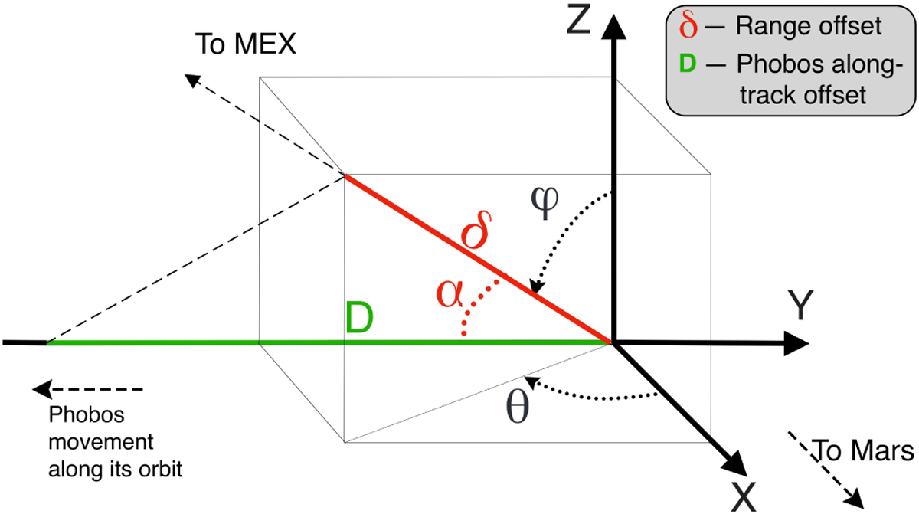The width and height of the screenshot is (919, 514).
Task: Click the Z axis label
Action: (x=578, y=20)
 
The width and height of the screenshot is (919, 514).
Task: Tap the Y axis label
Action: (x=800, y=305)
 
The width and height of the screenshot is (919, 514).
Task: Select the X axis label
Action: (x=743, y=496)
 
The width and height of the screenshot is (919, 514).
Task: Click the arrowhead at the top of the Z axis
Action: (x=613, y=27)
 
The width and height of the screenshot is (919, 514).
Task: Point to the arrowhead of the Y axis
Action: (x=796, y=343)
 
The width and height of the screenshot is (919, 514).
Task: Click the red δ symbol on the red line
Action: (x=476, y=230)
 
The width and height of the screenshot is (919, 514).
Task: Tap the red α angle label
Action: (x=450, y=293)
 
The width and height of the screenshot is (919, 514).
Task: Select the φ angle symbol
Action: (x=545, y=203)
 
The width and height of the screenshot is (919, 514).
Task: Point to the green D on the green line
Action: (x=359, y=317)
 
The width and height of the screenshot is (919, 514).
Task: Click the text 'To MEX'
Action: (x=245, y=44)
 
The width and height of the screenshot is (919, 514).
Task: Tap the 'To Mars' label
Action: (x=863, y=450)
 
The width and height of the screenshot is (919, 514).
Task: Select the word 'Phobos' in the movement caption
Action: (x=87, y=414)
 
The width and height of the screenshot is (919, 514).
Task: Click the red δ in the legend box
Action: (x=688, y=25)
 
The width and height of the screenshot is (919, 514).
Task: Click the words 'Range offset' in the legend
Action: (x=808, y=26)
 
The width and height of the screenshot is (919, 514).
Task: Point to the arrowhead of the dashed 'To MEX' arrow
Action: (x=192, y=80)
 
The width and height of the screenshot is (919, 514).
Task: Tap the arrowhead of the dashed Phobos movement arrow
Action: (x=42, y=389)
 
